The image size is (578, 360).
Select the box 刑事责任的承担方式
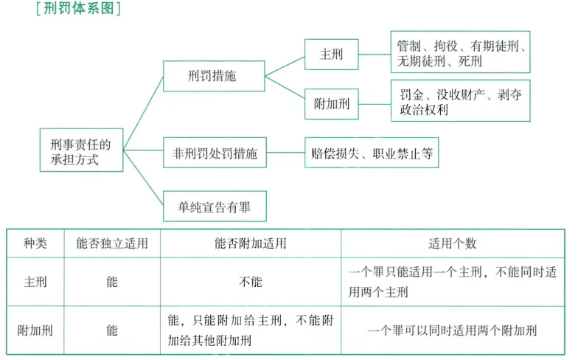click(x=81, y=150)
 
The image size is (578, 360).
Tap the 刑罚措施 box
click(x=214, y=76)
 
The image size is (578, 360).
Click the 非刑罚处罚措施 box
click(x=215, y=154)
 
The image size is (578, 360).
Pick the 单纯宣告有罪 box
click(x=215, y=207)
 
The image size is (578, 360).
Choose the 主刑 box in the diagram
click(x=331, y=55)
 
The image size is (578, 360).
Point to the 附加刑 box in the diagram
click(x=331, y=103)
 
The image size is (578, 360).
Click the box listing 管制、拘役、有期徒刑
click(x=460, y=54)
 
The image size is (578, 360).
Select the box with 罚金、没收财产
click(x=460, y=102)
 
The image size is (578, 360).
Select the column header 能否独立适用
click(x=111, y=243)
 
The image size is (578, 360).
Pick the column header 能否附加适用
click(x=250, y=243)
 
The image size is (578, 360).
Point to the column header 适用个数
click(x=452, y=243)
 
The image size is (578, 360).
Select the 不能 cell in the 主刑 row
click(x=250, y=282)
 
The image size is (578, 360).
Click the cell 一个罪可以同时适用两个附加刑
click(x=452, y=330)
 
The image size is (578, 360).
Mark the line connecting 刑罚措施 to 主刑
click(x=285, y=66)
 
